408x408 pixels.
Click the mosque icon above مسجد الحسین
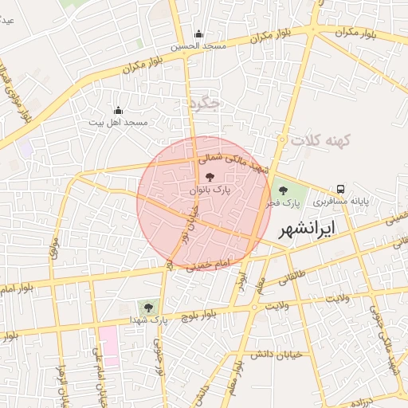coord(198,34)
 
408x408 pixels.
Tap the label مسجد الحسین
coord(198,47)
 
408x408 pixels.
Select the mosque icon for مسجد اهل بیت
coord(119,110)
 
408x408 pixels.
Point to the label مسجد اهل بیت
coord(119,123)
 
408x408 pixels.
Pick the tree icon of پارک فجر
coord(282,190)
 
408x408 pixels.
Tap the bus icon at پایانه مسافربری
coord(341,189)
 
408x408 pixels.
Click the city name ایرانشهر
coord(308,229)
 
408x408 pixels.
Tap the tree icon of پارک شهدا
coord(147,306)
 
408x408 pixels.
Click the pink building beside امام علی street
coord(110,346)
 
